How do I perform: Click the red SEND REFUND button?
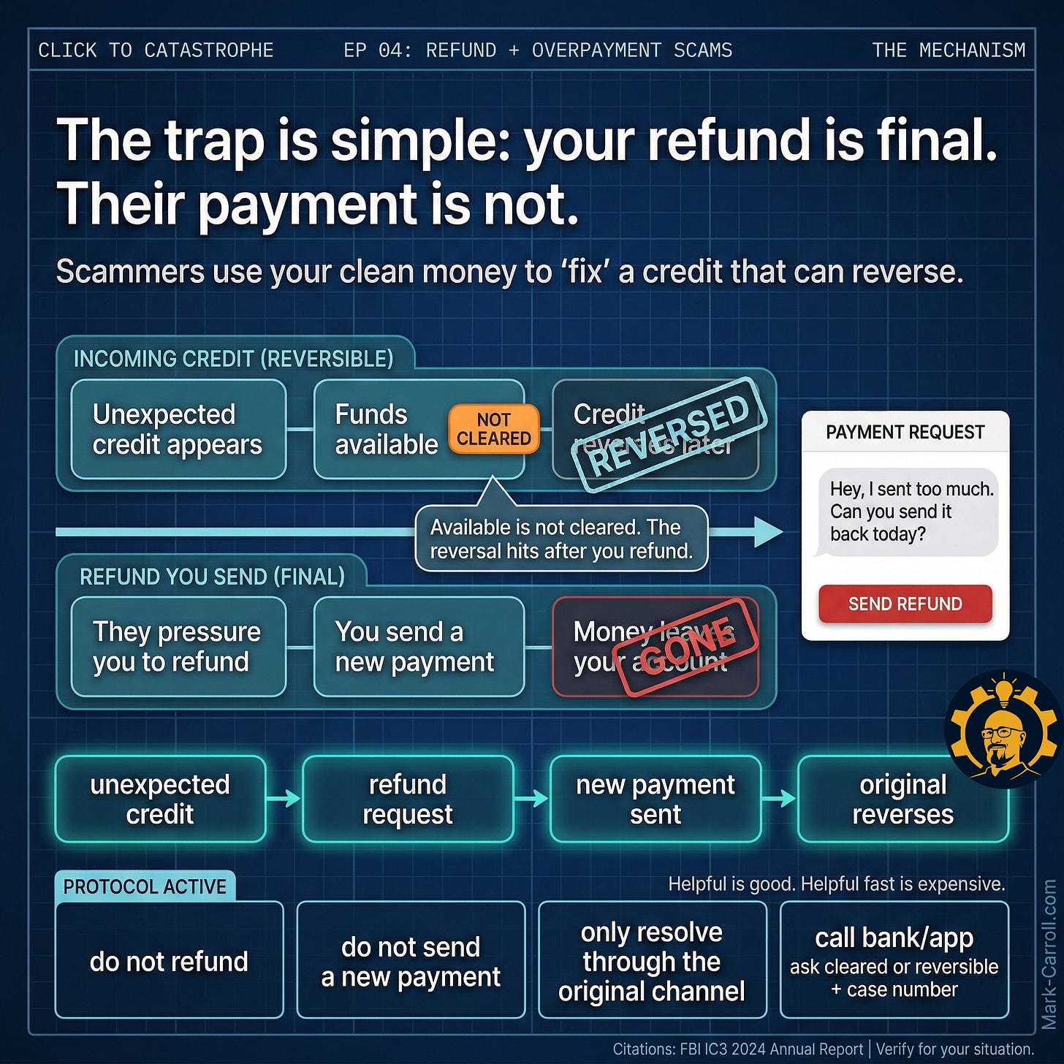click(x=905, y=604)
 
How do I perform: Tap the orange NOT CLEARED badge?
click(x=493, y=429)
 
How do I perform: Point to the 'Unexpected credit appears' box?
click(x=178, y=429)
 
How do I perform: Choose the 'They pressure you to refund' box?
click(x=178, y=647)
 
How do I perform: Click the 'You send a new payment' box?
click(x=418, y=647)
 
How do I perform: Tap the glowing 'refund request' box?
click(x=407, y=799)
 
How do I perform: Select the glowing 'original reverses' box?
click(x=902, y=799)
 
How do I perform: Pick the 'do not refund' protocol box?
click(x=169, y=960)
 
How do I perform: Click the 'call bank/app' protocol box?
click(x=894, y=960)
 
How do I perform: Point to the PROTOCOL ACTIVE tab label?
click(x=145, y=886)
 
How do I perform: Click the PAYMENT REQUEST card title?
click(x=905, y=432)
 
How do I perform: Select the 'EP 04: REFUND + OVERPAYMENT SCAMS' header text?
click(x=537, y=50)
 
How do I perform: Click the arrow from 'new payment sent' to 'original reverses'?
click(x=779, y=799)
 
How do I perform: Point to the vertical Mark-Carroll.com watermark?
click(x=1049, y=954)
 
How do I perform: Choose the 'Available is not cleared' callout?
click(x=560, y=539)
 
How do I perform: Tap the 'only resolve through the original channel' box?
click(x=652, y=960)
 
